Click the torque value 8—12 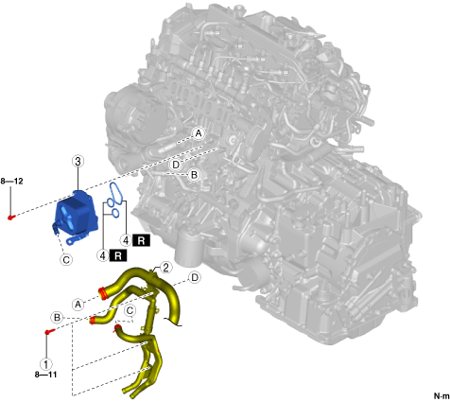click(11, 182)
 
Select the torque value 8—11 click(45, 375)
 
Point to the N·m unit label click(441, 395)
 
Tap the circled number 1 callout click(46, 364)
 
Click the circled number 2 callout click(165, 268)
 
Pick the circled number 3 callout click(78, 162)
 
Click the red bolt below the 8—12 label click(11, 217)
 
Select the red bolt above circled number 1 click(50, 331)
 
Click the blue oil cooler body click(76, 214)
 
